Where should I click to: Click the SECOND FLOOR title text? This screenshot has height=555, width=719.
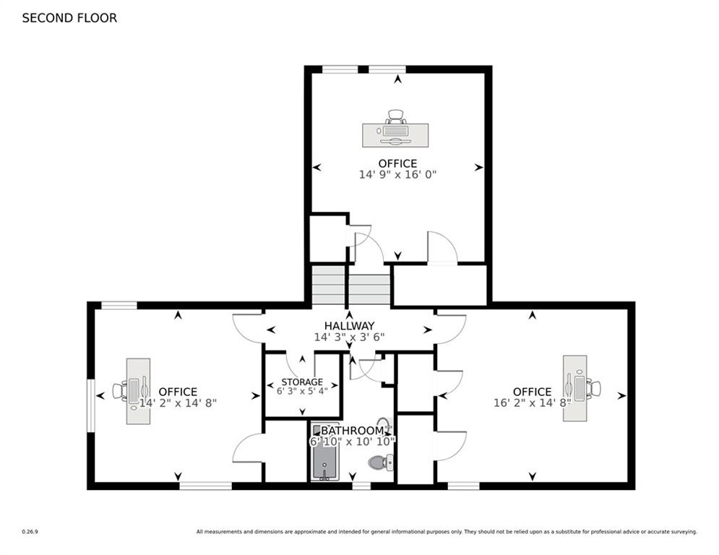[69, 18]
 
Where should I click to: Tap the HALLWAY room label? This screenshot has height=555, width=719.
[349, 325]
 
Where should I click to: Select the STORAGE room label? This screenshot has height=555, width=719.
[302, 382]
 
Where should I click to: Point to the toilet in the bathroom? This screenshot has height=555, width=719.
[380, 461]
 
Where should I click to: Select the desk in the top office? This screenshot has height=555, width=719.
[395, 135]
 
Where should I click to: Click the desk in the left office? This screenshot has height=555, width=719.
[138, 391]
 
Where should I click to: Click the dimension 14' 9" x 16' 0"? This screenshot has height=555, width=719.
[397, 175]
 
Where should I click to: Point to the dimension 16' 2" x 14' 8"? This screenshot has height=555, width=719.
[532, 403]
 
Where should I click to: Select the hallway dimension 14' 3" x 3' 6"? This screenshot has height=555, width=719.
[349, 337]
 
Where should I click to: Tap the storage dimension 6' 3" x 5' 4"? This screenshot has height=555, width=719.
[302, 391]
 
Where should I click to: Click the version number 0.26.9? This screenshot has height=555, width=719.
[30, 532]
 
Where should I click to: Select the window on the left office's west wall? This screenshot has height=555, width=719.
[90, 405]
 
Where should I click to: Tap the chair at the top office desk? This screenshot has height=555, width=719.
[396, 116]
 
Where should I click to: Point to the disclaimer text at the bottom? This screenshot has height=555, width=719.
[446, 532]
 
